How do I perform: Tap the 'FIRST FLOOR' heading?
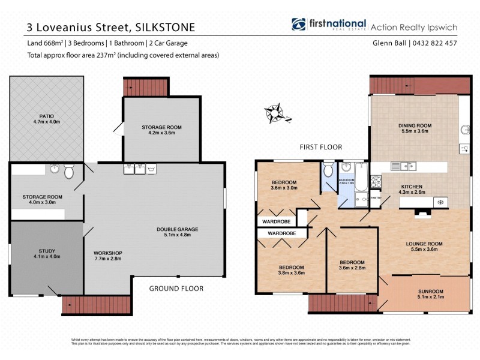321,146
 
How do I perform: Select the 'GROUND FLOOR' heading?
176,289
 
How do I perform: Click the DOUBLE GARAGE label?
177,229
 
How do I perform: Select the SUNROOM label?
431,292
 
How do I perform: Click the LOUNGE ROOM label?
424,244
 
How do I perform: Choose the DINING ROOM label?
415,125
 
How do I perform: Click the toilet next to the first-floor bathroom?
329,171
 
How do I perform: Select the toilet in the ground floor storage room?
69,172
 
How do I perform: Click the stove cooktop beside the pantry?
376,180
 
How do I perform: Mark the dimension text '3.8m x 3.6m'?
291,273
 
